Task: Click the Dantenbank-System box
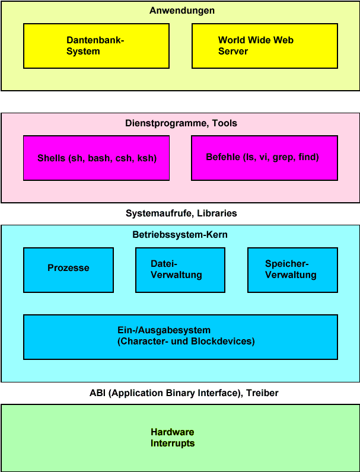pyautogui.click(x=96, y=46)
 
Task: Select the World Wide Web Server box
pyautogui.click(x=265, y=46)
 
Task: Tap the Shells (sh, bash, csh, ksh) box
pyautogui.click(x=96, y=158)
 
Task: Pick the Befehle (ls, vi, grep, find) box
pyautogui.click(x=265, y=158)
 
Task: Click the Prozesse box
pyautogui.click(x=68, y=270)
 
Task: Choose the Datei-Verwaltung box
pyautogui.click(x=180, y=270)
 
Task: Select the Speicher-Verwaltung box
pyautogui.click(x=292, y=270)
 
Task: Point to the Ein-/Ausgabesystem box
pyautogui.click(x=180, y=337)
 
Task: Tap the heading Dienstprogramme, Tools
pyautogui.click(x=181, y=123)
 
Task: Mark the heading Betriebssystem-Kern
pyautogui.click(x=180, y=235)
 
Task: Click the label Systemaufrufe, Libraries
pyautogui.click(x=181, y=213)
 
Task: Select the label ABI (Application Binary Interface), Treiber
pyautogui.click(x=184, y=393)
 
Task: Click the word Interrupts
pyautogui.click(x=172, y=443)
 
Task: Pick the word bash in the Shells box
pyautogui.click(x=100, y=158)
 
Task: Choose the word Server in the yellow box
pyautogui.click(x=233, y=52)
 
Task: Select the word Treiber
pyautogui.click(x=263, y=393)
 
